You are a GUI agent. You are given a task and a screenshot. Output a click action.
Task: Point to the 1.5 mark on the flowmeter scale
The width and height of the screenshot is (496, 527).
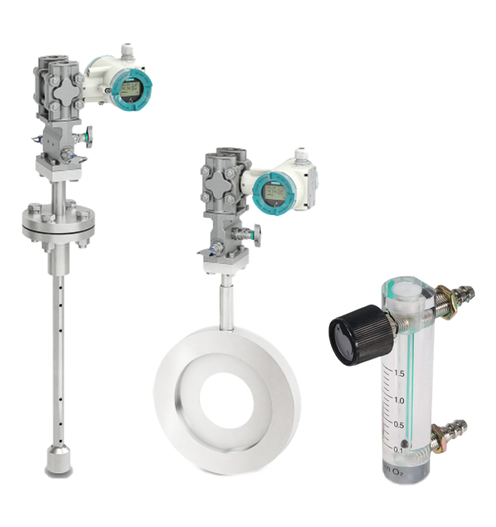click(x=399, y=373)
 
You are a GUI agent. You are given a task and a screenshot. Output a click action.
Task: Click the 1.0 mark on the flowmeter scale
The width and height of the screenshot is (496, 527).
click(x=399, y=401)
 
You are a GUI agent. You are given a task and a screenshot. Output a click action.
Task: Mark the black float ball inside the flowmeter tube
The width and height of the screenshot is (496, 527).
click(x=404, y=444)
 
